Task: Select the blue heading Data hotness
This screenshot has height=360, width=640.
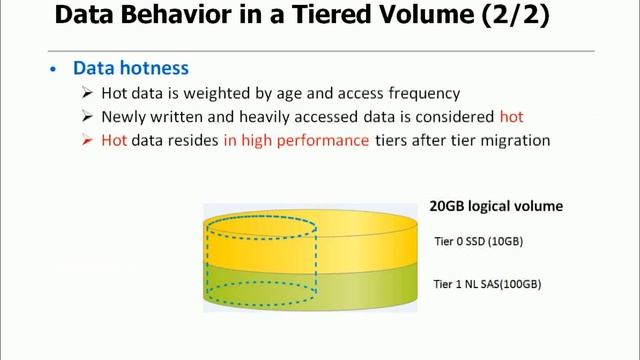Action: click(130, 69)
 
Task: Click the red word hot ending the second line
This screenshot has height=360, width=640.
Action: click(511, 117)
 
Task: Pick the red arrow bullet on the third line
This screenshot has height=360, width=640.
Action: click(87, 141)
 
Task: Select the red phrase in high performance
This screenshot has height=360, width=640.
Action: click(297, 141)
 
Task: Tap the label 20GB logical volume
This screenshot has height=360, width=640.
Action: click(496, 206)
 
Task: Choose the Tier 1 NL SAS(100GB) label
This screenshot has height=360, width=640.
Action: click(487, 284)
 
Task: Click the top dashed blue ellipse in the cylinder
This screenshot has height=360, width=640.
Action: click(261, 227)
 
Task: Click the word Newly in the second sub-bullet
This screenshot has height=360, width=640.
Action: click(125, 117)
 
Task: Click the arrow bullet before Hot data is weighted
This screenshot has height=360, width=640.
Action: click(87, 93)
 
